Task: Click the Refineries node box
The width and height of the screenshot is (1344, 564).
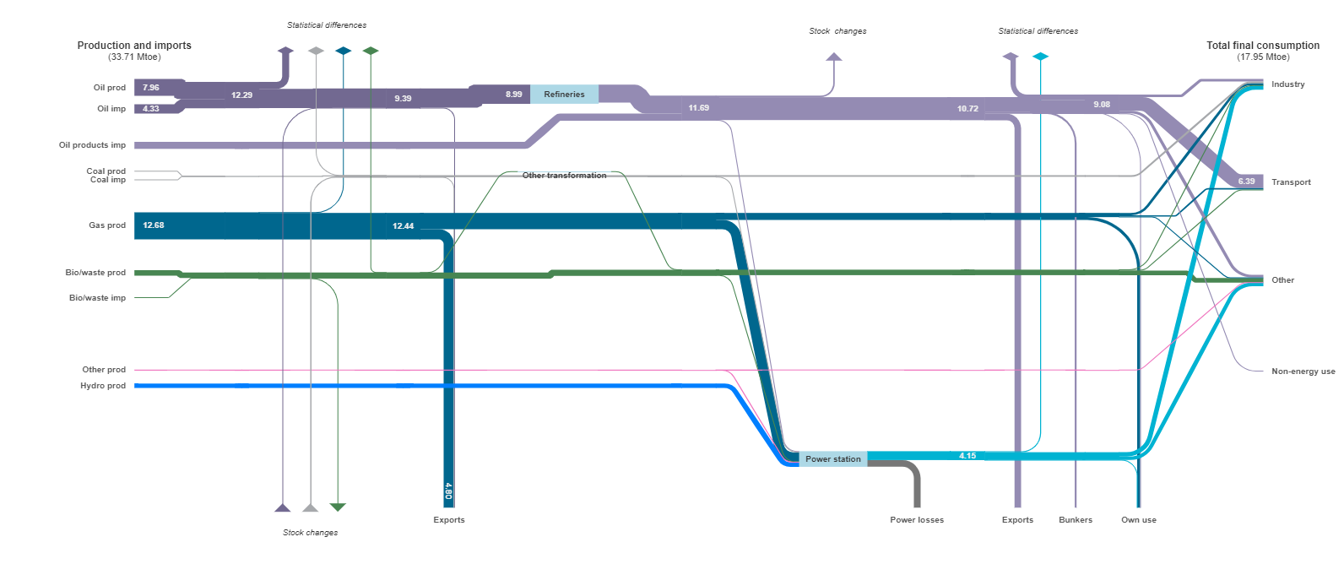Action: pyautogui.click(x=564, y=95)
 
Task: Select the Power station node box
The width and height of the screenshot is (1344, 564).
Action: pyautogui.click(x=832, y=459)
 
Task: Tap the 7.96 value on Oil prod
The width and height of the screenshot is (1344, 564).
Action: pyautogui.click(x=151, y=88)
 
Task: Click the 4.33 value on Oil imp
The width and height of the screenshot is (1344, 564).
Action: pyautogui.click(x=151, y=109)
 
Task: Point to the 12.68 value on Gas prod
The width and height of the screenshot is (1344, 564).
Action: pyautogui.click(x=154, y=225)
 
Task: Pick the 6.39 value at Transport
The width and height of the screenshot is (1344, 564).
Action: pyautogui.click(x=1246, y=182)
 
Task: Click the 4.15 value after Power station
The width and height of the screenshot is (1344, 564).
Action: pyautogui.click(x=967, y=455)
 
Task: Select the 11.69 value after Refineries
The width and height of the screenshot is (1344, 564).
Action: pyautogui.click(x=698, y=108)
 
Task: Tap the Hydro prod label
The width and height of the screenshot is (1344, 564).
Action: pyautogui.click(x=103, y=386)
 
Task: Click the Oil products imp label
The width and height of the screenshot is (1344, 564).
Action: pyautogui.click(x=92, y=145)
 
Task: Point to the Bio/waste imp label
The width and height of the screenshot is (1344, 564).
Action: pyautogui.click(x=97, y=297)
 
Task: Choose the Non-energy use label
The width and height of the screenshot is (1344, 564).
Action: pyautogui.click(x=1303, y=371)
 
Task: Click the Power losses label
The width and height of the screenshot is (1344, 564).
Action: pyautogui.click(x=917, y=519)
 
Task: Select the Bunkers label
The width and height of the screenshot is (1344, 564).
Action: pyautogui.click(x=1076, y=519)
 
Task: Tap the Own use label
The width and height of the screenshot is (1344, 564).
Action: pyautogui.click(x=1139, y=519)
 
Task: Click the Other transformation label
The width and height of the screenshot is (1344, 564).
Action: pyautogui.click(x=564, y=176)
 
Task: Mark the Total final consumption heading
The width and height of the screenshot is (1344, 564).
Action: pyautogui.click(x=1263, y=45)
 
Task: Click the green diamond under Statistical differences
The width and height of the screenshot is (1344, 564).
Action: pyautogui.click(x=371, y=51)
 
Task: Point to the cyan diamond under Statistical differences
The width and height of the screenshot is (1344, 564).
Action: pyautogui.click(x=1040, y=57)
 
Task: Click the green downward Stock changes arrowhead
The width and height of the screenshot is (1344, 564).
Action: pyautogui.click(x=338, y=507)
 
